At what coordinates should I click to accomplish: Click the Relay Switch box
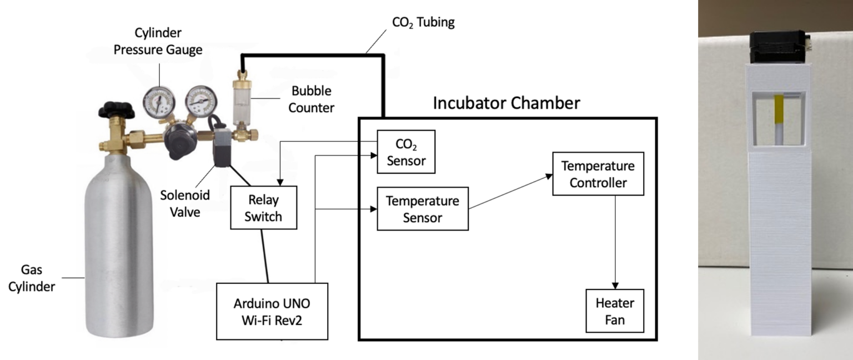coord(264,208)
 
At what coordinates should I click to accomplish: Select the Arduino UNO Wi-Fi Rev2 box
coord(272,311)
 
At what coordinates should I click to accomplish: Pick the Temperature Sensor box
coord(423,208)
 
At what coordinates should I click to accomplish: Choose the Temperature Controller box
coord(598,173)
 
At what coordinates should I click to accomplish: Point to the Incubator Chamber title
coord(506,103)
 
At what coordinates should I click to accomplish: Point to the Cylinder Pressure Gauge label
coord(158,42)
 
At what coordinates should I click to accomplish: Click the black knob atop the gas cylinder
coord(116,109)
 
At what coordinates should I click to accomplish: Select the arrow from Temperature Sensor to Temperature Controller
coord(510,192)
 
